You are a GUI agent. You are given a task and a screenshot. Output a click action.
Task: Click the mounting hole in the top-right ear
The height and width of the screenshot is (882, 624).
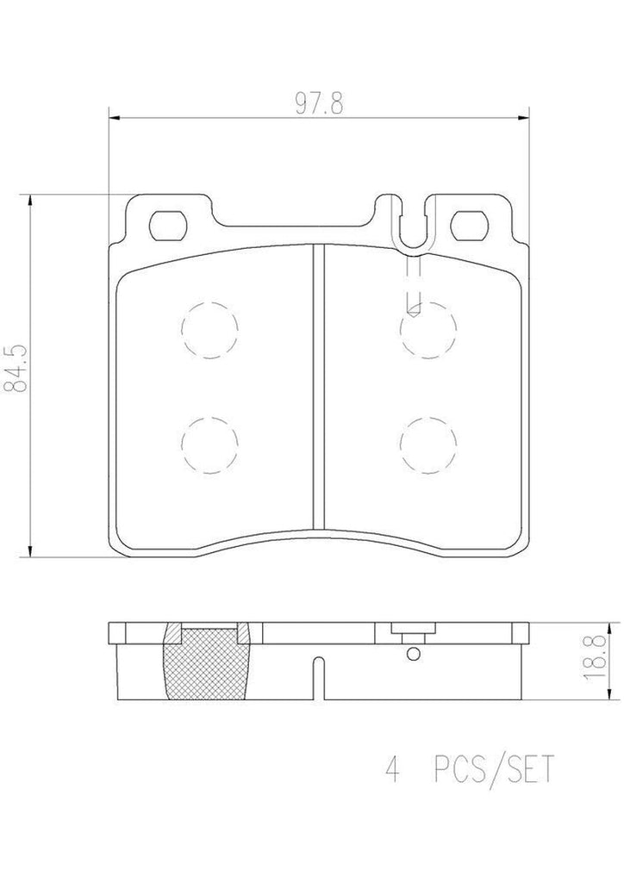(x=471, y=226)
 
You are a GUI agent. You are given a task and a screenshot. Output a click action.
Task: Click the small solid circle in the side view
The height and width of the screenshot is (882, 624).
(x=415, y=655)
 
